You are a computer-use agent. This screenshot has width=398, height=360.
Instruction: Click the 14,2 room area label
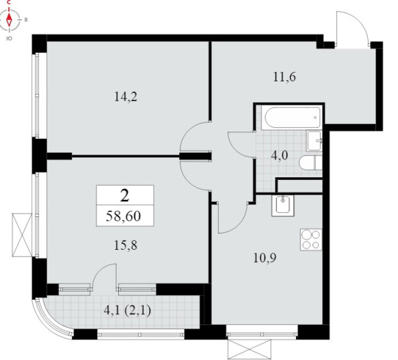[126, 97]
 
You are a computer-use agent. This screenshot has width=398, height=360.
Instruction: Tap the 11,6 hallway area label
[284, 77]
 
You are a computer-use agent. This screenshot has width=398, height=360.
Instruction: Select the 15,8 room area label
[126, 246]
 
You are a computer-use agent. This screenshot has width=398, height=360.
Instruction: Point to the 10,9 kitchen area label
[265, 258]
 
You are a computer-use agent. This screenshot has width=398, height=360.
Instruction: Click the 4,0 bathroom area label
[280, 155]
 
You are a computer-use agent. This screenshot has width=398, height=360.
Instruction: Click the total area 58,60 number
[123, 216]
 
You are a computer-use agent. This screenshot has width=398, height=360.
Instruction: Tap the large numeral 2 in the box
[124, 195]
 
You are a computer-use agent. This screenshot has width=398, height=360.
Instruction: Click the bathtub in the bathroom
[292, 118]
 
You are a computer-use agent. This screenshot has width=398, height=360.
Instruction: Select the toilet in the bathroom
[310, 163]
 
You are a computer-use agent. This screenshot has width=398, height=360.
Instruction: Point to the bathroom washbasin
[315, 141]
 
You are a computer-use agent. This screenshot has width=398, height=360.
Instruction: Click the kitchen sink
[282, 205]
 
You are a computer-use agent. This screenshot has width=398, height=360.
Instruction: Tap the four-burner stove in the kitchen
[311, 240]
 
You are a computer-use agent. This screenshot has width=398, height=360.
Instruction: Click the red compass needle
[10, 19]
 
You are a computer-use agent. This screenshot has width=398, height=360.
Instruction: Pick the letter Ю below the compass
[9, 38]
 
